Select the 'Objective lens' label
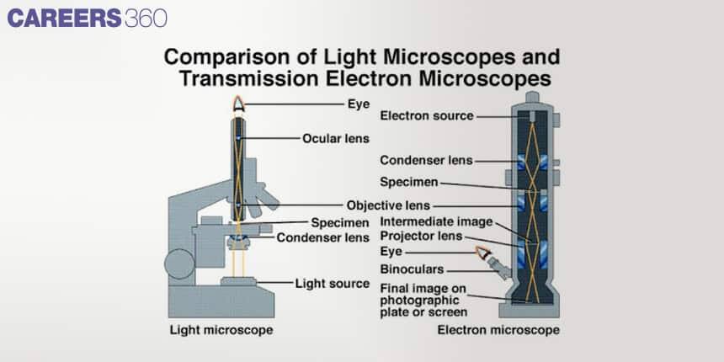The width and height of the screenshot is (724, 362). [388, 205]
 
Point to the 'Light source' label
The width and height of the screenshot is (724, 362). [332, 283]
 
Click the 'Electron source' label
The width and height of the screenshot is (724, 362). [427, 115]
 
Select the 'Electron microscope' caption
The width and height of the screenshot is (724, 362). [498, 329]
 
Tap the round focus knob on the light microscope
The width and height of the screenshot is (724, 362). [179, 264]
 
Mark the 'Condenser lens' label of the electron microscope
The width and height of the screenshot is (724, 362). [426, 160]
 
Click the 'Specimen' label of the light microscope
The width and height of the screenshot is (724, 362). [340, 223]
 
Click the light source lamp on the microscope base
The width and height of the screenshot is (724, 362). [238, 280]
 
